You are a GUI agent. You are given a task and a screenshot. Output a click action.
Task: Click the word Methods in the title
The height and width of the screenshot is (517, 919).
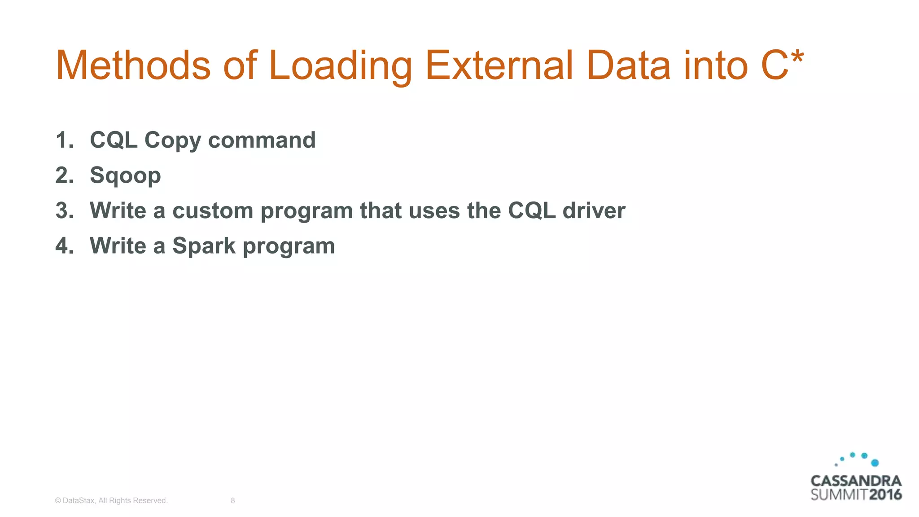point(133,66)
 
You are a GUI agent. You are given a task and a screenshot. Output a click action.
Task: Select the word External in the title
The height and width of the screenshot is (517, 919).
point(499,66)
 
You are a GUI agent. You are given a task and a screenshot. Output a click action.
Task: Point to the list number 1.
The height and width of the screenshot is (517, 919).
point(64,140)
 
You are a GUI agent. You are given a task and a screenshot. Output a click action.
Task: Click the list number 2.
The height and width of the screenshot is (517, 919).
point(64,175)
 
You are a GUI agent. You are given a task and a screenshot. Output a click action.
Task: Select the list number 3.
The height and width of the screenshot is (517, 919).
point(64,210)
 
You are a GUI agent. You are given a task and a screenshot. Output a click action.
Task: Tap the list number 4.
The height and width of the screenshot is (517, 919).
point(64,246)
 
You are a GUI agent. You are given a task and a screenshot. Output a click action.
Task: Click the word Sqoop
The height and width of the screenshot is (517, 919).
point(125,175)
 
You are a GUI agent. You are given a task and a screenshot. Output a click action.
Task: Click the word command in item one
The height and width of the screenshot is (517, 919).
point(262,140)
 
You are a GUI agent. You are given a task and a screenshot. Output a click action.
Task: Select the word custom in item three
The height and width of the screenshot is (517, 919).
point(213,210)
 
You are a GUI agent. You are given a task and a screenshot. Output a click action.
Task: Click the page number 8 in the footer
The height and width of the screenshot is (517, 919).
point(232,500)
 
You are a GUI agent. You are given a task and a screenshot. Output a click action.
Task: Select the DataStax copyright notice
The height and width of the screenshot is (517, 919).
point(111,500)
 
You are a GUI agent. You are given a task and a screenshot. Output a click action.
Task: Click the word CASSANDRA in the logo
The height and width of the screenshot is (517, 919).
point(856,481)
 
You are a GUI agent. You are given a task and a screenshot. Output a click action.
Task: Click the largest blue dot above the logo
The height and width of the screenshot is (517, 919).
point(875,463)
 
